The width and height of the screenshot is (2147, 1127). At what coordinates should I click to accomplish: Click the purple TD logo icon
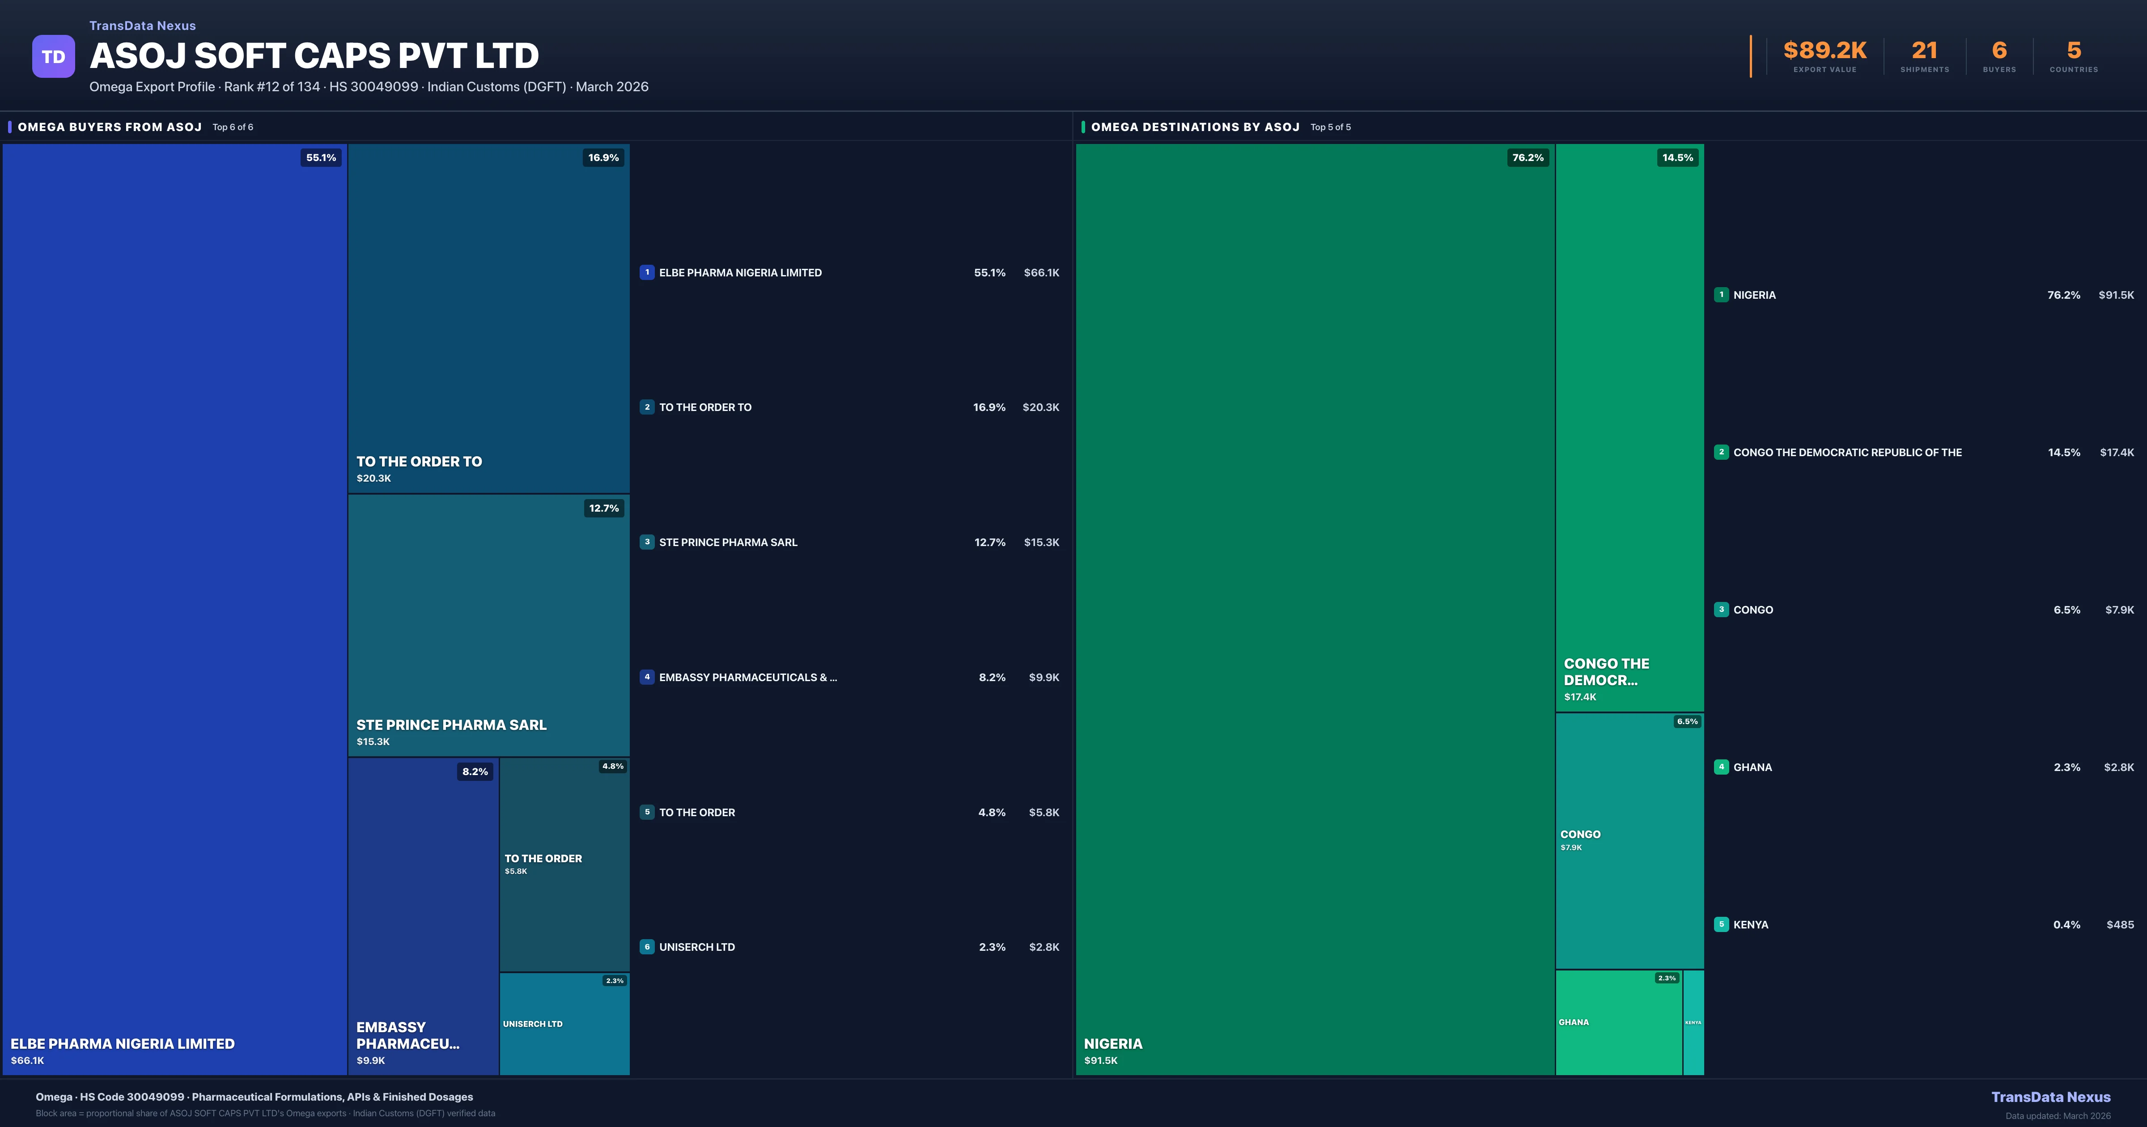(53, 57)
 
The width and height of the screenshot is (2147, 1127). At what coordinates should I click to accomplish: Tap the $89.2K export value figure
(1825, 51)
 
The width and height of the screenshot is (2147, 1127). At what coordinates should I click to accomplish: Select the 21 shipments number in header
(1924, 51)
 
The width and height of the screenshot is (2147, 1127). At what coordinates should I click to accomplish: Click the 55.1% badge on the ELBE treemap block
(321, 157)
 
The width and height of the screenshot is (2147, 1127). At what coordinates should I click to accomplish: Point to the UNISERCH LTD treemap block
(564, 1024)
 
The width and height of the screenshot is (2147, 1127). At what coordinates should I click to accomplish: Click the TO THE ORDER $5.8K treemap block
(564, 864)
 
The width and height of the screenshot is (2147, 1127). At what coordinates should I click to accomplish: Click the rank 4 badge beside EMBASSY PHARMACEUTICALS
(647, 677)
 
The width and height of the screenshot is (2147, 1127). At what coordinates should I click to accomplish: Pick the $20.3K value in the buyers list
(1040, 407)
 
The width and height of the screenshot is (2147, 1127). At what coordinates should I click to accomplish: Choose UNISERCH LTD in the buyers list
(697, 947)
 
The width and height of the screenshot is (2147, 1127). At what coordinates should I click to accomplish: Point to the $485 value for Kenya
(2120, 924)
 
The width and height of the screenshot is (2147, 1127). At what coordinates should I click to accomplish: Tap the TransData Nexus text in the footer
(2050, 1097)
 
